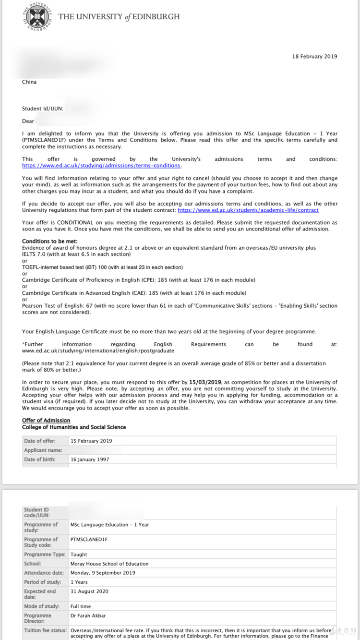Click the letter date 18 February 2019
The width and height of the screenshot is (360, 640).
314,57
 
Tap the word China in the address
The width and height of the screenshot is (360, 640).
29,82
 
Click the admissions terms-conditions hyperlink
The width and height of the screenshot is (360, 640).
101,166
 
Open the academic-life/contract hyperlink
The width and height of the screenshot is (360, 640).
248,210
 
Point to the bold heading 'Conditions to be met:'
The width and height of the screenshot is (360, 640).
50,242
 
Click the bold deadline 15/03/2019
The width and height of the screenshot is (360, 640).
205,382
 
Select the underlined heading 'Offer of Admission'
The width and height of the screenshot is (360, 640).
46,421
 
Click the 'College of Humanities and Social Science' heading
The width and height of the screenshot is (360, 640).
74,427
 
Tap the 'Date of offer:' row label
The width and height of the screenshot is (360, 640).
40,441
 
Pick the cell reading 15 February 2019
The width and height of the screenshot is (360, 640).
91,441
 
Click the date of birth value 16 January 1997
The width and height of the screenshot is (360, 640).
90,459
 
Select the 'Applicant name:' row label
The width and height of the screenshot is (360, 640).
43,450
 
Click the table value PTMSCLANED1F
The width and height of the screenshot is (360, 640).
89,540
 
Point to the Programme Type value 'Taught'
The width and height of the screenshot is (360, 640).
79,555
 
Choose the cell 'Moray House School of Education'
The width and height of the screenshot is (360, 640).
109,564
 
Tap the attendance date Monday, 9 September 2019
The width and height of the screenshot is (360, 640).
103,573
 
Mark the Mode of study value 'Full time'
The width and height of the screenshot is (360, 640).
81,606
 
